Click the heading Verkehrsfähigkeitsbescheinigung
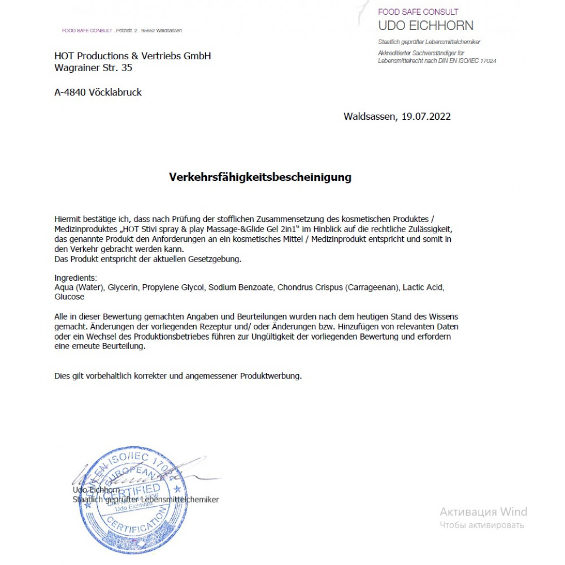(260, 177)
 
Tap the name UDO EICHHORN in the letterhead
(425, 25)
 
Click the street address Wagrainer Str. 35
(93, 68)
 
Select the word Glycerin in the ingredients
(123, 288)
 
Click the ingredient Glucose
(69, 297)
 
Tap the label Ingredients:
(76, 278)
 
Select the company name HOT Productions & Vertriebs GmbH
(132, 56)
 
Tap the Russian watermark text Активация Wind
(483, 512)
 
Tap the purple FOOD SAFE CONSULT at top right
(418, 12)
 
